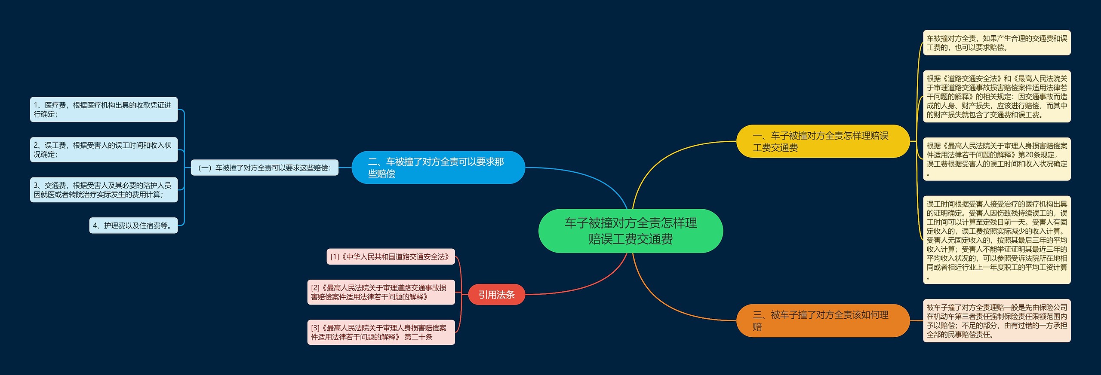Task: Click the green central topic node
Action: pos(630,231)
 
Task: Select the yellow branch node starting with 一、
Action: pos(823,141)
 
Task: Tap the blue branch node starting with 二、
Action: pos(438,168)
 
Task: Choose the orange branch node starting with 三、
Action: pos(823,320)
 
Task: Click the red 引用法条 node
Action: pos(496,295)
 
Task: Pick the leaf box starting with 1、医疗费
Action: pos(104,110)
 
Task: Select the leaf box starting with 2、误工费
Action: pos(104,149)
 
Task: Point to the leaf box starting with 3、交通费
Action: pos(104,190)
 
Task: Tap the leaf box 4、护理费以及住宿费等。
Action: pos(133,226)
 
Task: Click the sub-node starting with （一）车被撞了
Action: pos(264,168)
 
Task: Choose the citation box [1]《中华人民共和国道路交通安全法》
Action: pos(391,257)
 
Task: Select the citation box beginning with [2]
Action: pos(381,292)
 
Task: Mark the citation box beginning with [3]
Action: pos(381,332)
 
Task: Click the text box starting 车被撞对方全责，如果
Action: pos(996,43)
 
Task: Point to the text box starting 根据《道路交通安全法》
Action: pos(996,96)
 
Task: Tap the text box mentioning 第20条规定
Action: pos(996,159)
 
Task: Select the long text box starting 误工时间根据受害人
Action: pos(996,240)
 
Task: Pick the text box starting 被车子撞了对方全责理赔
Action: pos(996,320)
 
